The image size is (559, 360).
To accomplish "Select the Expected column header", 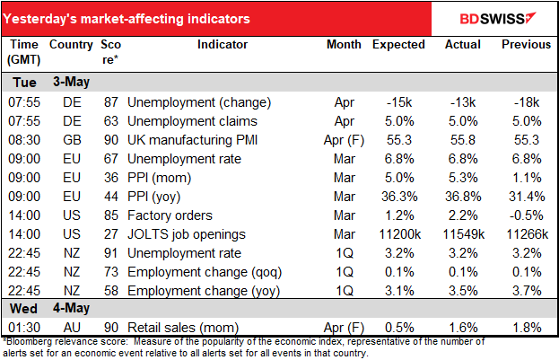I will [399, 44].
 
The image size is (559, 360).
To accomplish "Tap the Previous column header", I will [524, 44].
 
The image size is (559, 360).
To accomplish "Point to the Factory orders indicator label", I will [170, 215].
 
